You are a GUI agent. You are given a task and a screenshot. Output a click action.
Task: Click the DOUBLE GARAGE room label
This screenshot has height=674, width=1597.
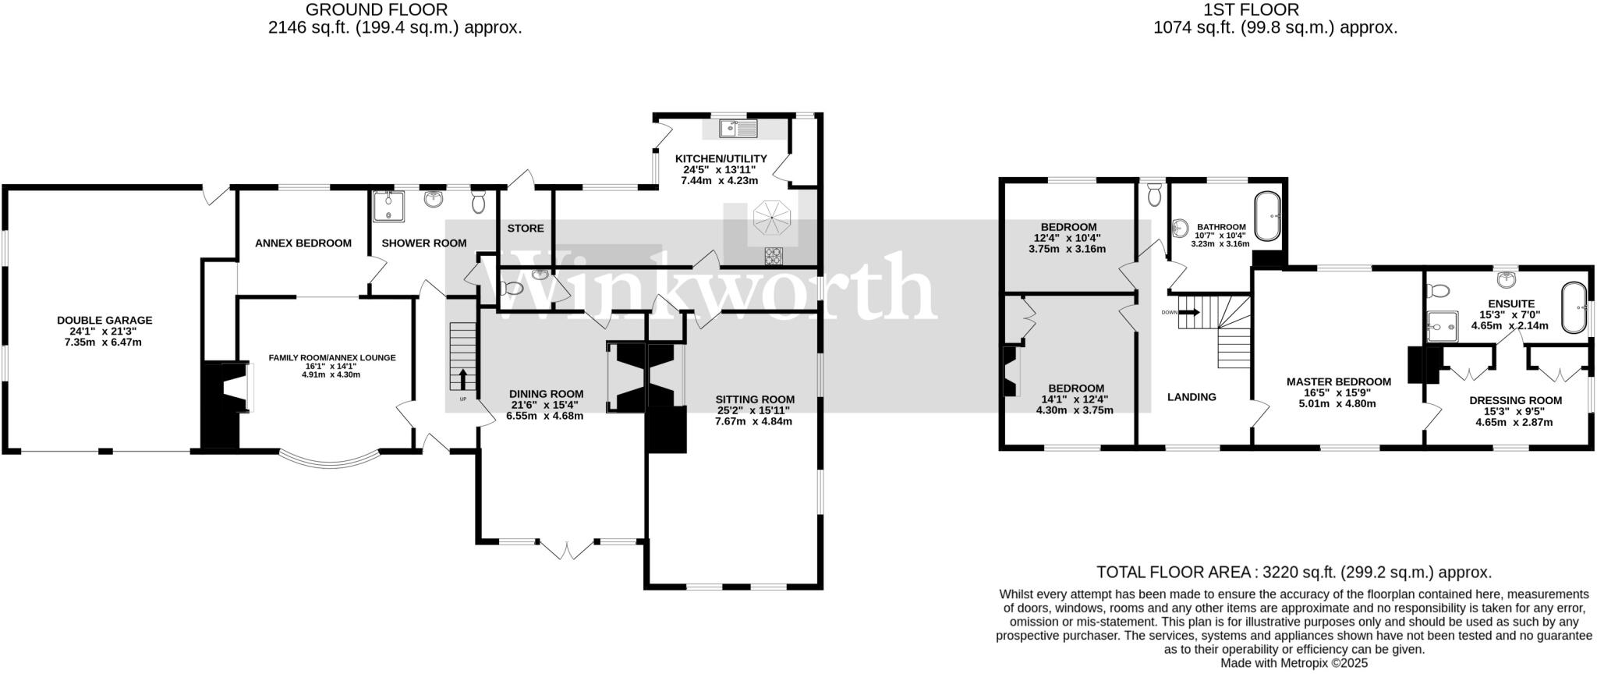point(104,320)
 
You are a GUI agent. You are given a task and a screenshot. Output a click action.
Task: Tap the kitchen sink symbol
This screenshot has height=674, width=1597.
point(738,128)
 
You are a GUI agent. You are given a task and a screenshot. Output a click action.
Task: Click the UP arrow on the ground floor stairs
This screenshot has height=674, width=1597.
point(463,380)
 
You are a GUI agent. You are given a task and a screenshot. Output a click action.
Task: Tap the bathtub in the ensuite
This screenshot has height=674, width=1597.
point(1574,308)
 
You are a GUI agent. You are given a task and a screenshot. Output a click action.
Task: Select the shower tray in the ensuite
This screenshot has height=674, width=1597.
point(1443,326)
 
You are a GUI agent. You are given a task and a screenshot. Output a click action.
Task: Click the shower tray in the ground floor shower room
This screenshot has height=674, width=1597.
point(386,205)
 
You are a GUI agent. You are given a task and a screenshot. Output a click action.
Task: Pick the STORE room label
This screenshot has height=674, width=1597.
point(526,228)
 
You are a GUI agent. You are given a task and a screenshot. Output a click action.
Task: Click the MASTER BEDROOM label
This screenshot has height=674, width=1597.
point(1338,381)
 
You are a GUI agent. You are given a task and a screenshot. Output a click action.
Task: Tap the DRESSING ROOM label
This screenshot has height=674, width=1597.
point(1515,400)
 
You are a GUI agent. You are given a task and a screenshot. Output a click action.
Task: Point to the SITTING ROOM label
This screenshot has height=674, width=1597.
point(754,399)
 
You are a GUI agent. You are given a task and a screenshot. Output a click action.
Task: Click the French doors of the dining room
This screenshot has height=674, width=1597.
point(567,549)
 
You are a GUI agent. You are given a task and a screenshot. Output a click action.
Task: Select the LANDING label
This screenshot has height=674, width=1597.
point(1191,396)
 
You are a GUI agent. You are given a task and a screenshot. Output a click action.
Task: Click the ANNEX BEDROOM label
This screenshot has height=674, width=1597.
point(303,243)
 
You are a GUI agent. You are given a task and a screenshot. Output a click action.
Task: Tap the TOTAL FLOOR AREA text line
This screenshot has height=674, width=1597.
point(1294,572)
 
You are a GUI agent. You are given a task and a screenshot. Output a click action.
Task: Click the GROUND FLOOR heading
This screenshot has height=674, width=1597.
point(376,9)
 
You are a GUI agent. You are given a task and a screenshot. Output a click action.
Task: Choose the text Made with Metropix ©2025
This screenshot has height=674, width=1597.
point(1294,663)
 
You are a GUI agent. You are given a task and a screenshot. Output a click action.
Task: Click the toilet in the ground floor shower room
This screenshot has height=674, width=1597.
point(479,202)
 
